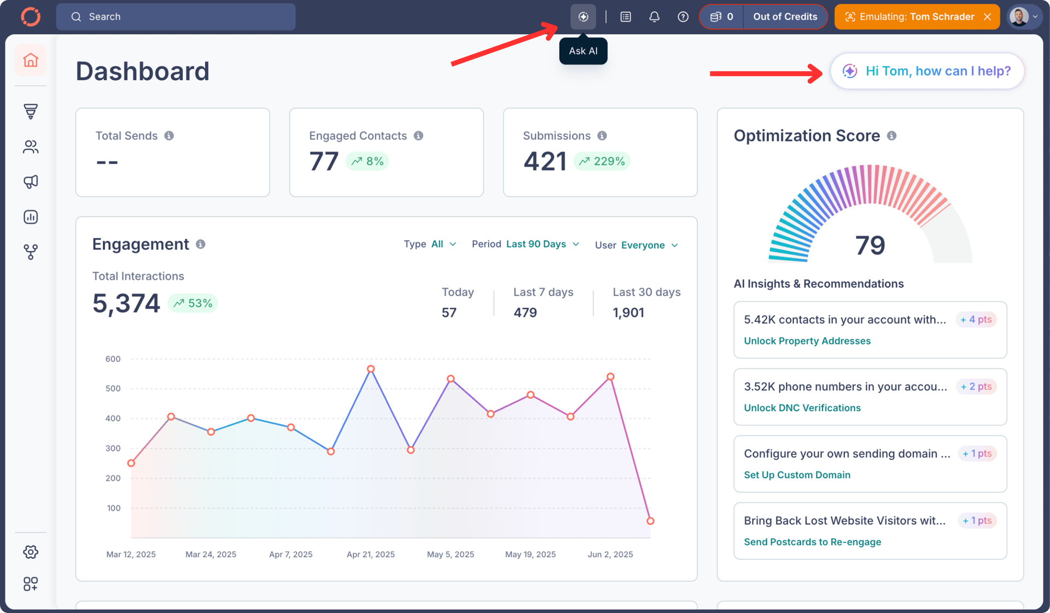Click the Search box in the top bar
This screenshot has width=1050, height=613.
176,17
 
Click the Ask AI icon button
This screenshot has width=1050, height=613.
583,17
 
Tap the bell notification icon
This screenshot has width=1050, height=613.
654,17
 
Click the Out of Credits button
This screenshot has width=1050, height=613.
785,17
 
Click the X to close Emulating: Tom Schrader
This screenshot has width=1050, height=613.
987,17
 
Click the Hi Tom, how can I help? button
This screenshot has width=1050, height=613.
927,71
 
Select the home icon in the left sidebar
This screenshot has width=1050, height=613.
31,60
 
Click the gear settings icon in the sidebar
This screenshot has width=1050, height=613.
31,552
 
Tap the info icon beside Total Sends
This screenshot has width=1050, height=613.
169,136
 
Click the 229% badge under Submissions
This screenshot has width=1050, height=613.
602,161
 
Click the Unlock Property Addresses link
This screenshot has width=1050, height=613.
807,341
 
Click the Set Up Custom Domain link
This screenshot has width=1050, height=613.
797,475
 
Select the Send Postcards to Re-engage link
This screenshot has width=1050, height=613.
812,542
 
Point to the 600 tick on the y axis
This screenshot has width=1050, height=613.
113,359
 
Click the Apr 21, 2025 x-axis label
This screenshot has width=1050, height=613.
370,554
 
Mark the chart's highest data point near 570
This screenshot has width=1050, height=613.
371,369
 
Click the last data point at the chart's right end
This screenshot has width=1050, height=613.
650,521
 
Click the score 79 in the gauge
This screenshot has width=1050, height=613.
870,245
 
